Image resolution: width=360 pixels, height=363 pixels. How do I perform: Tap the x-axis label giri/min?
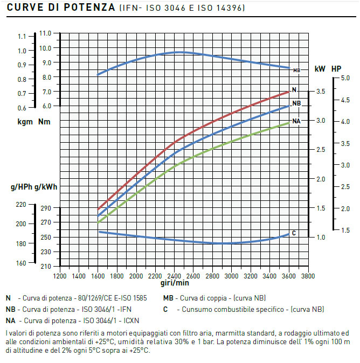175,283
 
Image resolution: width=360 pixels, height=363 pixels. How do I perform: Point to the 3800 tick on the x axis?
308,275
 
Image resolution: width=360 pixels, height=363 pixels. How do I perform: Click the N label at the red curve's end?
294,89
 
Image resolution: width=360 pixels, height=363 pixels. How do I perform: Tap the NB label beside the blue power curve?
296,103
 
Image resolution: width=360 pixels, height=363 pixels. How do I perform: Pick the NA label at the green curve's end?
296,121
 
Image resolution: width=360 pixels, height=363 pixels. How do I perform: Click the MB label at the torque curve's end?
296,70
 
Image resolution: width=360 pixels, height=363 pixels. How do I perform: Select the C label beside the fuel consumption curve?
294,233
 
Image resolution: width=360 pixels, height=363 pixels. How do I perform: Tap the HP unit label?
336,69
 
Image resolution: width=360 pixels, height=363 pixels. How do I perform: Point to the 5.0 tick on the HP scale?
345,78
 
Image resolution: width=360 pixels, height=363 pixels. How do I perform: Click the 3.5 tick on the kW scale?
320,92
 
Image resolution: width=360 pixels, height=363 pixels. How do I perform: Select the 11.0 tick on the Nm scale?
45,33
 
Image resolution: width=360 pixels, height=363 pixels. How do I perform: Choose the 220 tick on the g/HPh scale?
21,204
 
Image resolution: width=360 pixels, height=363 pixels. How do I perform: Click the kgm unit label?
25,122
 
